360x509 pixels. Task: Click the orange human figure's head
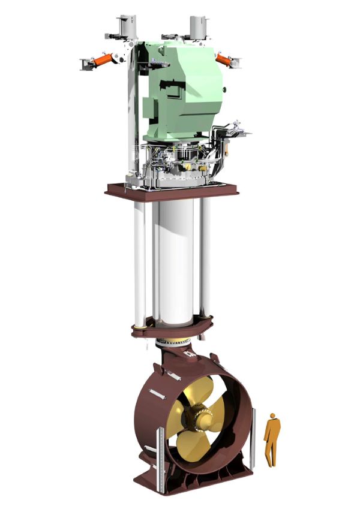point(274,416)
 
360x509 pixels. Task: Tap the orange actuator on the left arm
point(103,61)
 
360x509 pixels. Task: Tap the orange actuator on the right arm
point(223,58)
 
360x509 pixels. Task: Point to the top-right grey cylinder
point(199,26)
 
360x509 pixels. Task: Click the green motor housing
point(180,90)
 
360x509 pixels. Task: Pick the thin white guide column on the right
point(206,258)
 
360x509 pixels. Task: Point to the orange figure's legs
point(272,453)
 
